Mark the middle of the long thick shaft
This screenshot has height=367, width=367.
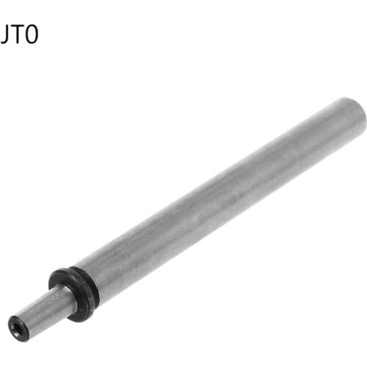click(x=220, y=198)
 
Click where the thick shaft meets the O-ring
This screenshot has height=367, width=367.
click(x=87, y=283)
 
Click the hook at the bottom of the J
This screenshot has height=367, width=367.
click(x=2, y=41)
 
